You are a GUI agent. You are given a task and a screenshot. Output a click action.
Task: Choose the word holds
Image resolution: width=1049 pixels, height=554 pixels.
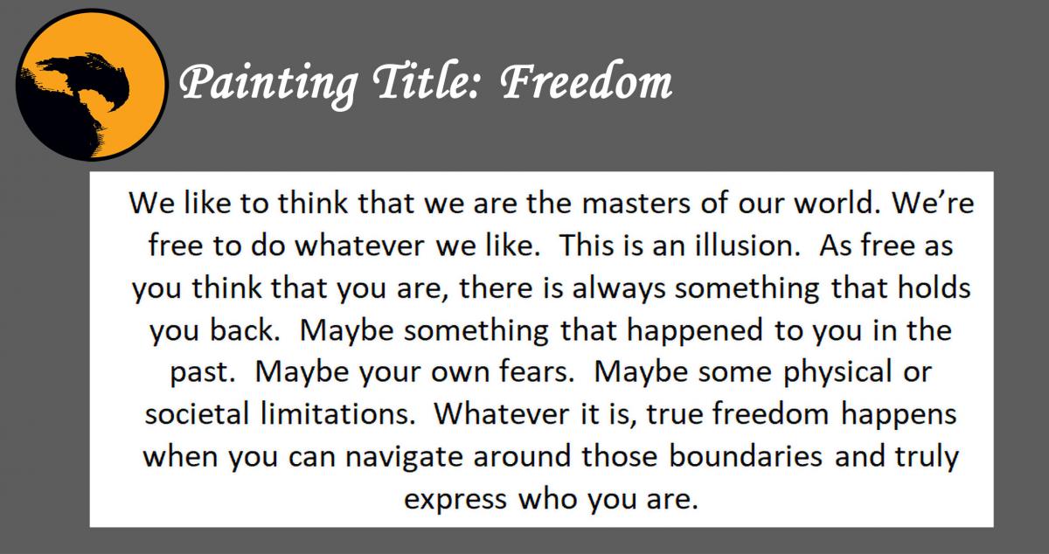[x=927, y=288]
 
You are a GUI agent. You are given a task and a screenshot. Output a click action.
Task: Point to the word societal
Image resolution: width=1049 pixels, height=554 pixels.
[x=184, y=414]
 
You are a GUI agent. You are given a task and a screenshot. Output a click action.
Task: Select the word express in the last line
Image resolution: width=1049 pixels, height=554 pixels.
[x=455, y=499]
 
